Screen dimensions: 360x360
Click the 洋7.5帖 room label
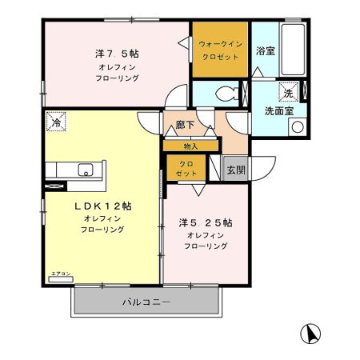[x=117, y=54]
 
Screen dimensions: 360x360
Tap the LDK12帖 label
[x=103, y=206]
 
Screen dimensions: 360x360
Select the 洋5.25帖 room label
[x=206, y=222]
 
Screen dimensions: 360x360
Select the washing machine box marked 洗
[x=286, y=91]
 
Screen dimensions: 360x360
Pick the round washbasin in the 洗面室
[x=297, y=126]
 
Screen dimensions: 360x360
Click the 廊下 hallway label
[x=185, y=126]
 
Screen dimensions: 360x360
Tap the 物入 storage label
[x=190, y=146]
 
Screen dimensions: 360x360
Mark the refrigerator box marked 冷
[x=56, y=122]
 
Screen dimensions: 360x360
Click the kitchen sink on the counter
[x=86, y=170]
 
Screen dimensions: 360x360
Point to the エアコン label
[x=61, y=274]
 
